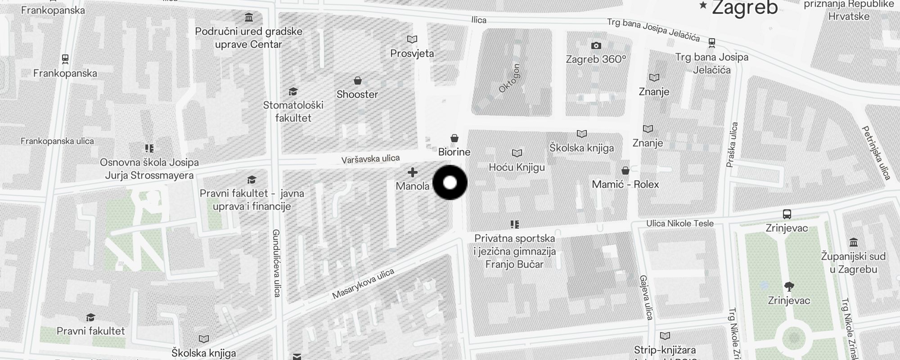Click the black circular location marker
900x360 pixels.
450,182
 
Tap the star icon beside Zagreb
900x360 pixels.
703,5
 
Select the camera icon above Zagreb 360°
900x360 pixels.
596,45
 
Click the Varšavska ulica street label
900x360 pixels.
370,159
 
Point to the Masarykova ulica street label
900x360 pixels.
363,284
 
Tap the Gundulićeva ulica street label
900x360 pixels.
276,263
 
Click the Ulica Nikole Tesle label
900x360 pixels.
680,223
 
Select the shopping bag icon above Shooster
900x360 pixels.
358,81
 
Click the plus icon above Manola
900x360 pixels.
412,172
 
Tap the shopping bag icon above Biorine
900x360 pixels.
454,138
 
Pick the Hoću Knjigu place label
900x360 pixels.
517,167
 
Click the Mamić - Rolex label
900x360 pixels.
625,184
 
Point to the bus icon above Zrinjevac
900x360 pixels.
787,214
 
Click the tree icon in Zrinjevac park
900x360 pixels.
789,286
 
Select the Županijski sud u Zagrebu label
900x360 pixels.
853,263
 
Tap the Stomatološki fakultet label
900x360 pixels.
293,112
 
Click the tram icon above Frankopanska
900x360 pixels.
65,58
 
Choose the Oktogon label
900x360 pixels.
509,79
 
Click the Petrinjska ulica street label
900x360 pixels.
876,153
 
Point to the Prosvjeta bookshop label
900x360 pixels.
412,54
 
